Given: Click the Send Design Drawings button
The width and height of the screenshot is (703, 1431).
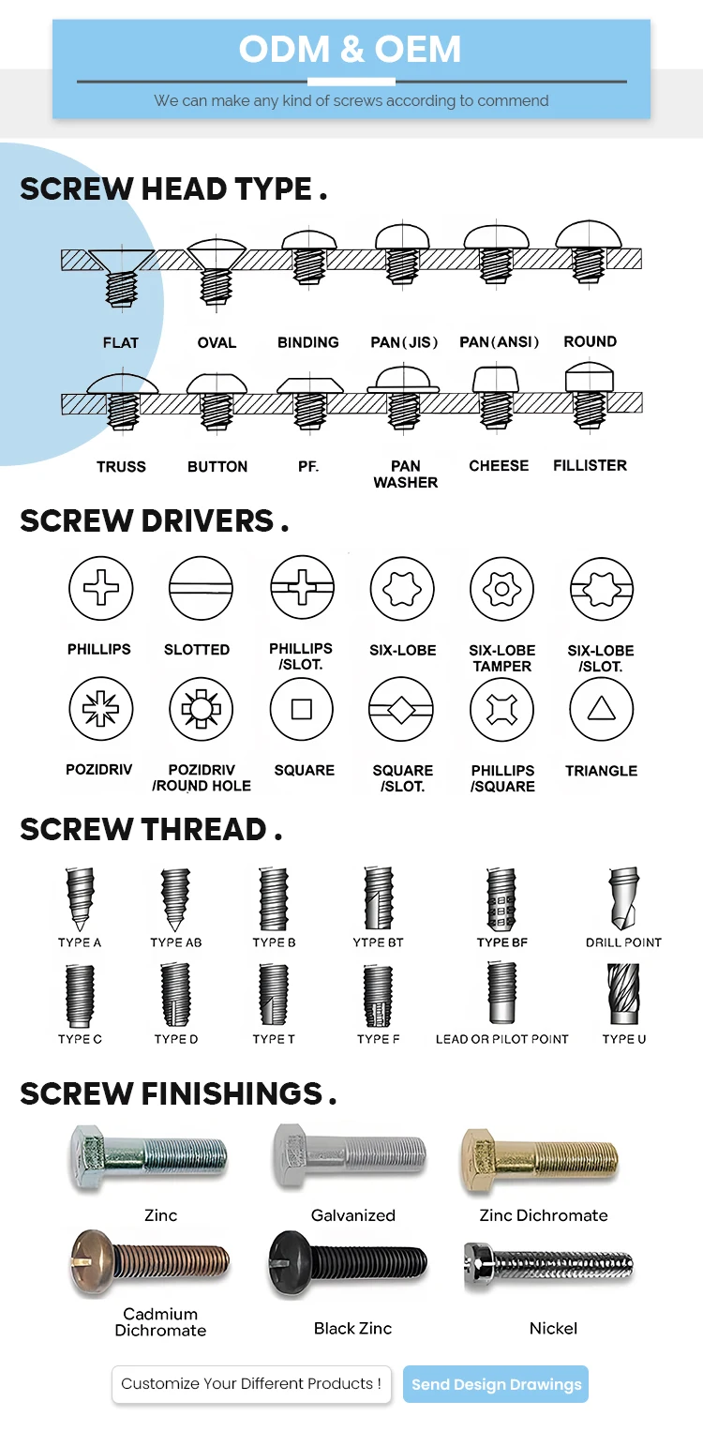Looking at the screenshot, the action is [496, 1384].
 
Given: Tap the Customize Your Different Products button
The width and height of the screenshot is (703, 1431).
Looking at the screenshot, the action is [251, 1383].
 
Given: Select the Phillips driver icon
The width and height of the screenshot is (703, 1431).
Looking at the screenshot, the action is [100, 590].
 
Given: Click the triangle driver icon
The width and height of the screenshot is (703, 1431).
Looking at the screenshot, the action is [601, 710].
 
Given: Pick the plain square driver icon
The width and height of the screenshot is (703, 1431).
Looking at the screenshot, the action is [302, 710].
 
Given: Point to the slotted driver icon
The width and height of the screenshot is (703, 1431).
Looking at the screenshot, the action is [201, 590].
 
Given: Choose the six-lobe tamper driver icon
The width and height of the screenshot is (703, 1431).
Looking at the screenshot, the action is [501, 590].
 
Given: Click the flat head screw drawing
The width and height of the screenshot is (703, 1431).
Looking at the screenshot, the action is [120, 274].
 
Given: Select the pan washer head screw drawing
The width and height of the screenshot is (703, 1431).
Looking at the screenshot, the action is [404, 396].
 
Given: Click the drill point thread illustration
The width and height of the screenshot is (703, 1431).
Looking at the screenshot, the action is [623, 900].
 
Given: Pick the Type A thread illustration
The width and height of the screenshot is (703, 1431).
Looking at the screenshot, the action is [79, 898].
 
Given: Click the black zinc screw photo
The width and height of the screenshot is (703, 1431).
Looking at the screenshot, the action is [348, 1262].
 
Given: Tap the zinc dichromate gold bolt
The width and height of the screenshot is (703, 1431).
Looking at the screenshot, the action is [538, 1159].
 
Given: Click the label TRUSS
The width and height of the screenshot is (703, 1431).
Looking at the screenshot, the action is [121, 466].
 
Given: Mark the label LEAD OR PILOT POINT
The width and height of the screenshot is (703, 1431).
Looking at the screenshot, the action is [501, 1039].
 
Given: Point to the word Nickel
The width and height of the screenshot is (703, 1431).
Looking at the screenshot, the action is [553, 1328].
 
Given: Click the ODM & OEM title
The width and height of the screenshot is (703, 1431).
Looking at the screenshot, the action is [350, 49].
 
